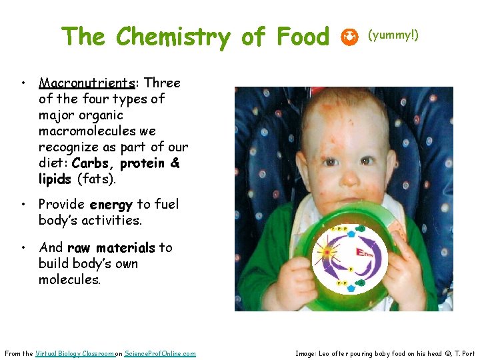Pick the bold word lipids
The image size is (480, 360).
coord(55,179)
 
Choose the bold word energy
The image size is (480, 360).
coord(111,205)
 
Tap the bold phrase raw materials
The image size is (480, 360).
coord(111,248)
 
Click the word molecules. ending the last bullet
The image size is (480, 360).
coord(69,280)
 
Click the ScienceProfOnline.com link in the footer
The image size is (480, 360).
coord(159,353)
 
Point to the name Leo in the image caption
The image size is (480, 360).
coord(325,353)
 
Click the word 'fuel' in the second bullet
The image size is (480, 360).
coord(165,205)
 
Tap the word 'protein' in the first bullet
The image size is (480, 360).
coord(141,163)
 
